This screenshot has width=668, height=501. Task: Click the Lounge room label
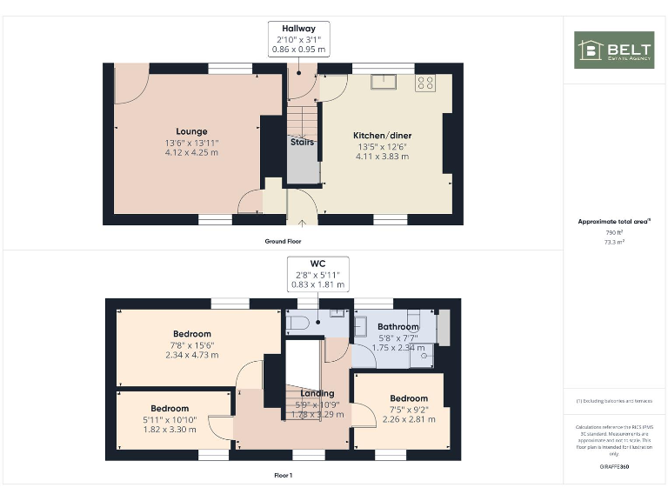coord(191,132)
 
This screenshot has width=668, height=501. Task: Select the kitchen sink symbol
coord(382,83)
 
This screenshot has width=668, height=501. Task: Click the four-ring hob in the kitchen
coord(425,83)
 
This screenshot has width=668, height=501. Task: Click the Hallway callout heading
coord(298,29)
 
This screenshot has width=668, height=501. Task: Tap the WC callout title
coord(318,263)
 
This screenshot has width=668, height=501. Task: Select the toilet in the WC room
coord(297,324)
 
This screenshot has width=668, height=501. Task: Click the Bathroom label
coord(397,327)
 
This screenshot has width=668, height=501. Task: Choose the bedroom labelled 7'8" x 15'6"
coord(191,334)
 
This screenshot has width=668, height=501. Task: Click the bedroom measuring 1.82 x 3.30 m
coord(170,409)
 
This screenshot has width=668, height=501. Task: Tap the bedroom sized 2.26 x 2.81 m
coord(408,398)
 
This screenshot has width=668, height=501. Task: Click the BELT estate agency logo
coord(613,50)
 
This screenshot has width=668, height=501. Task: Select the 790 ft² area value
coord(615,233)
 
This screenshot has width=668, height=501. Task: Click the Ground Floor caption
coord(284,240)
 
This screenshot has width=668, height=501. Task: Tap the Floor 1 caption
coord(283,476)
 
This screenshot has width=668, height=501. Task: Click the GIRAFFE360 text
coord(615,467)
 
